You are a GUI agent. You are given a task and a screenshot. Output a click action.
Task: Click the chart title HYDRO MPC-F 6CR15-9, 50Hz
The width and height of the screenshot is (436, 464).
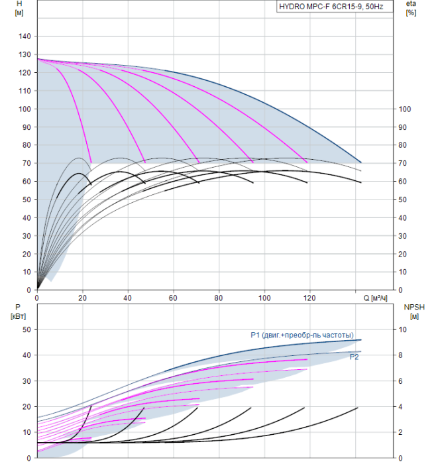[x=331, y=7]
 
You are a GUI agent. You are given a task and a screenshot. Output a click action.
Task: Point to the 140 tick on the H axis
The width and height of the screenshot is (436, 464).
[x=25, y=36]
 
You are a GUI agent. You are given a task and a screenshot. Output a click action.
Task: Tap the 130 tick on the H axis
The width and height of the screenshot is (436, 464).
[x=25, y=54]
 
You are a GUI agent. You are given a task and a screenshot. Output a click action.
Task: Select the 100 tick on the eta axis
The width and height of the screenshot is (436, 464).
[x=405, y=109]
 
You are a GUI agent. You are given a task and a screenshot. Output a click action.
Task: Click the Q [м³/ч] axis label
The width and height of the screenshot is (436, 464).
[x=375, y=298]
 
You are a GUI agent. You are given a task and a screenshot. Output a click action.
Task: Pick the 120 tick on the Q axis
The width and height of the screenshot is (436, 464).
[x=309, y=298]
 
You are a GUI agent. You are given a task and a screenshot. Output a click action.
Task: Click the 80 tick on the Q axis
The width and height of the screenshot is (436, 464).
[x=219, y=298]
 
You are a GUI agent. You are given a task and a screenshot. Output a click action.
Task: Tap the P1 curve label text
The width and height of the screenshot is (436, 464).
[x=302, y=335]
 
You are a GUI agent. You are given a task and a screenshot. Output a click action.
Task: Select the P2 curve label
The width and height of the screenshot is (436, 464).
[x=354, y=357]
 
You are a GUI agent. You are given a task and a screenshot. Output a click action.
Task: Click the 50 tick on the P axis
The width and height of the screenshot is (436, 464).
[x=27, y=329]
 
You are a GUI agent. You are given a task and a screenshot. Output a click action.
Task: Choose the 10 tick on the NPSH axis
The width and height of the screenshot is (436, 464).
[x=403, y=329]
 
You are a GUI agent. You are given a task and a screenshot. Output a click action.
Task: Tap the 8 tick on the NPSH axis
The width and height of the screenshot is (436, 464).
[x=400, y=355]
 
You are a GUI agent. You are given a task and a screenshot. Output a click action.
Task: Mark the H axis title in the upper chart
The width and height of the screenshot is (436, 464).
[x=19, y=8]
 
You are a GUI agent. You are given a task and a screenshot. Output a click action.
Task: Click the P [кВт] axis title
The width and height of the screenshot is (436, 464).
[x=18, y=312]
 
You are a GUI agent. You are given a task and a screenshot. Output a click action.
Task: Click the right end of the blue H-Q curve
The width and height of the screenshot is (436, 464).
[x=361, y=162]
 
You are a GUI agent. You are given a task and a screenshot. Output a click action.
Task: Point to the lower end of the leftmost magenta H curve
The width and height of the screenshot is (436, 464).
[x=91, y=162]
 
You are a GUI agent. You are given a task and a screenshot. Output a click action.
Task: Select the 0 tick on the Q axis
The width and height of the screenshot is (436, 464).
[x=37, y=298]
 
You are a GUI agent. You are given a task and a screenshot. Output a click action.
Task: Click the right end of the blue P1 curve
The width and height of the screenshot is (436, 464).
[x=361, y=339]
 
